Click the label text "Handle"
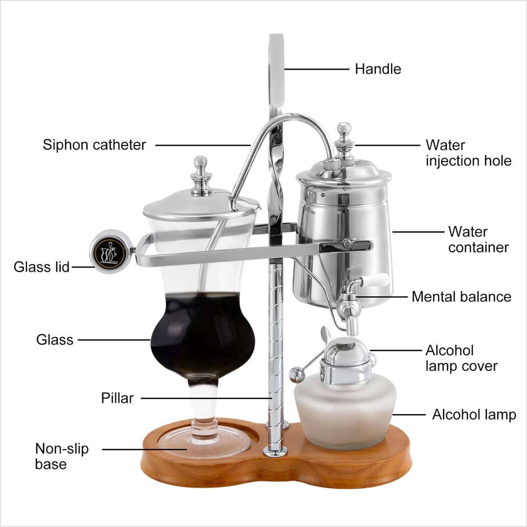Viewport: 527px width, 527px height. (x=378, y=69)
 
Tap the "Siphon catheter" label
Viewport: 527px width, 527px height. (x=94, y=145)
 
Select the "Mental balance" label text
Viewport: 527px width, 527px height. (x=461, y=297)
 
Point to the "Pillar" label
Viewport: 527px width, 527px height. (x=118, y=398)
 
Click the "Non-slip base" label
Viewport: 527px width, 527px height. (x=62, y=456)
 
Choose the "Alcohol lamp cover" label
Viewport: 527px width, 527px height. (x=461, y=358)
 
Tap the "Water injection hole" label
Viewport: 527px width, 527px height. (x=468, y=152)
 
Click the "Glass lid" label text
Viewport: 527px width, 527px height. (x=42, y=267)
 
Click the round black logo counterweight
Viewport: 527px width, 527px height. (x=110, y=251)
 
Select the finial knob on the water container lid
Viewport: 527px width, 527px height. (x=344, y=138)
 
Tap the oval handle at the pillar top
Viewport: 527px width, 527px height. (x=276, y=69)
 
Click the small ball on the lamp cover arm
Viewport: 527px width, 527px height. (x=297, y=375)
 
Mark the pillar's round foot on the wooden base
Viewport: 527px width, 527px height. (x=275, y=451)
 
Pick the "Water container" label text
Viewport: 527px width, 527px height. (x=478, y=239)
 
